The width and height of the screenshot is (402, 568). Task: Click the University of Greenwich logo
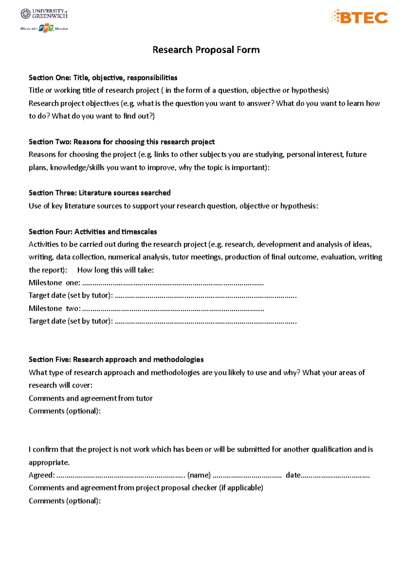pyautogui.click(x=44, y=14)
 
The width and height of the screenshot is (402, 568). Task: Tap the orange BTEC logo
pyautogui.click(x=358, y=17)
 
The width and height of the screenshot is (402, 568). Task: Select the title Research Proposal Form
pyautogui.click(x=206, y=50)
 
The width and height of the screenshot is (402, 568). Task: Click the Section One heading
pyautogui.click(x=103, y=78)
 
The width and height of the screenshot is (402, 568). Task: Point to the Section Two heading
pyautogui.click(x=121, y=142)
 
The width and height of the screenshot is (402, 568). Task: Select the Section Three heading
pyautogui.click(x=99, y=193)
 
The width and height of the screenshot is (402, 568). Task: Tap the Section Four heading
pyautogui.click(x=92, y=231)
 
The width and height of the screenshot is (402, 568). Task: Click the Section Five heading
pyautogui.click(x=116, y=359)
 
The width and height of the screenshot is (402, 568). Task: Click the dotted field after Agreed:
pyautogui.click(x=121, y=476)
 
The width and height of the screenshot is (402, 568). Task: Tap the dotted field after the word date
pyautogui.click(x=335, y=476)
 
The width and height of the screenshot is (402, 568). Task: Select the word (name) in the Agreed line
pyautogui.click(x=199, y=475)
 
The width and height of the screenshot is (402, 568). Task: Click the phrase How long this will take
pyautogui.click(x=115, y=270)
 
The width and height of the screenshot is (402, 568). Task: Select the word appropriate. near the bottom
pyautogui.click(x=49, y=462)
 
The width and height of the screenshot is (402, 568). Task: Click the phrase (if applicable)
pyautogui.click(x=241, y=488)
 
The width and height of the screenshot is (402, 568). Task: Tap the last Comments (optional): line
pyautogui.click(x=64, y=501)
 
